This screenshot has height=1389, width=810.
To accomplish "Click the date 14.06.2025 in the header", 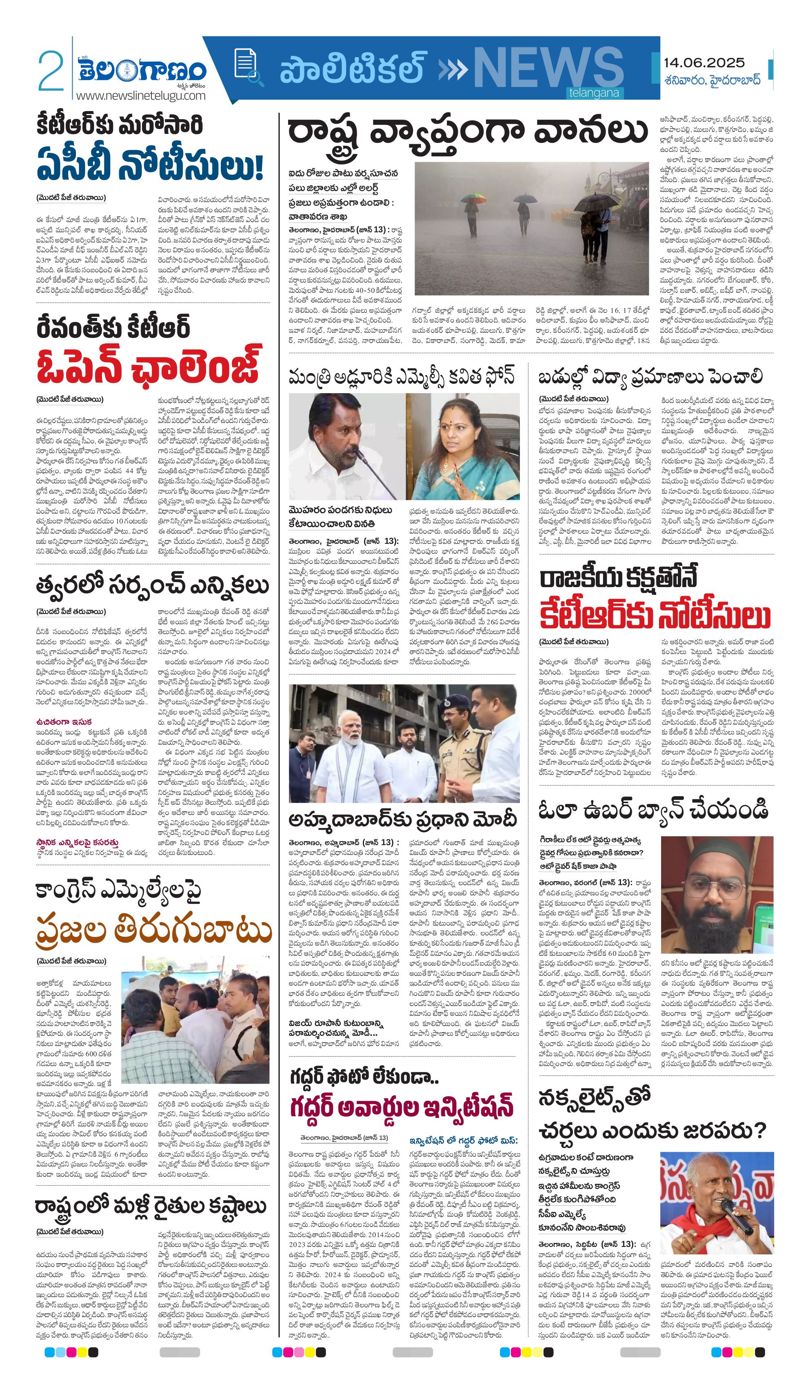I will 703,63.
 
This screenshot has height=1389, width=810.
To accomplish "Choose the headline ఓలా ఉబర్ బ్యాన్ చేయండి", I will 653,810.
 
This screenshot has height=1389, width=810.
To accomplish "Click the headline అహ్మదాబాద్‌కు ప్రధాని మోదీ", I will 403,819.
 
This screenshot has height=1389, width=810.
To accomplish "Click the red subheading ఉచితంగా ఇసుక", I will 64,721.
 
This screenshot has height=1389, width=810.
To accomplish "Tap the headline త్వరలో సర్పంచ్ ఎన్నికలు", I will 152,586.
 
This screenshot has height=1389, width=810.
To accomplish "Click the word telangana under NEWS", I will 593,93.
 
